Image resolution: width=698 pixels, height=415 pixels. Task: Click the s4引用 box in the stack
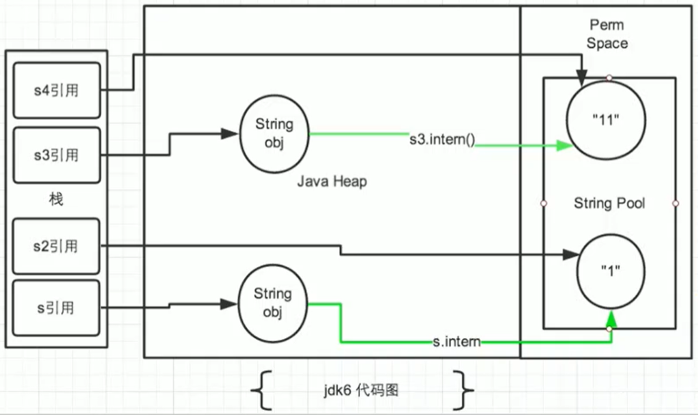point(56,90)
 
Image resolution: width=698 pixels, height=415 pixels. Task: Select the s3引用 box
point(56,154)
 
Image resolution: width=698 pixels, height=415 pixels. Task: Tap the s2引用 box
point(56,246)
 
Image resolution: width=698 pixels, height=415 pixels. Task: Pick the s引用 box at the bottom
point(56,308)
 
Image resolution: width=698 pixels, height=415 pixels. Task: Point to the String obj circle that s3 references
point(274,133)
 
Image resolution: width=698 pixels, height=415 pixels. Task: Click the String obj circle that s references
point(273,303)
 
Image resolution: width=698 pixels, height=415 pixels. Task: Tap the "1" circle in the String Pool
point(611,271)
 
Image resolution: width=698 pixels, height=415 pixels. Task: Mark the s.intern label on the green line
point(457,341)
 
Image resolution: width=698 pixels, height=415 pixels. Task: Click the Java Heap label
point(331,182)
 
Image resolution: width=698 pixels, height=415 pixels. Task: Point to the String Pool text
point(609,203)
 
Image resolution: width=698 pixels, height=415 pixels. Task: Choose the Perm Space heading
point(607,34)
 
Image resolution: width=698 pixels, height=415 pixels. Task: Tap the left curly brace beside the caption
point(262,391)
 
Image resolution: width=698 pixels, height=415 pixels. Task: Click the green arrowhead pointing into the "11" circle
point(565,145)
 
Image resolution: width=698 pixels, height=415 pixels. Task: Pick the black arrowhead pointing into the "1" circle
point(570,255)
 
